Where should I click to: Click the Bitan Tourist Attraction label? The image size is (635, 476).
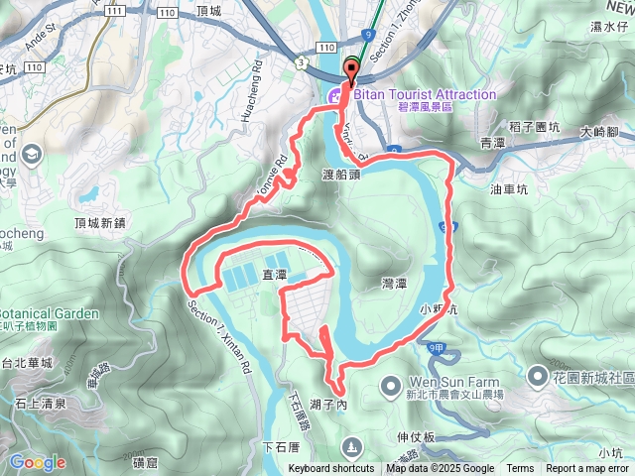(x=421, y=94)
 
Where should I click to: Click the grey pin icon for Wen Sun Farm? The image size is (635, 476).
(x=391, y=382)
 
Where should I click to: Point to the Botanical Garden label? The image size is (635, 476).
(x=50, y=313)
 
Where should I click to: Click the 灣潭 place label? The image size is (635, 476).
(x=393, y=284)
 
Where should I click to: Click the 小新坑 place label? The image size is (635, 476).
(x=437, y=308)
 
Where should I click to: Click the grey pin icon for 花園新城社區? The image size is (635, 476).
(x=537, y=376)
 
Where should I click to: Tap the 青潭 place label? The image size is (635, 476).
(x=492, y=143)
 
